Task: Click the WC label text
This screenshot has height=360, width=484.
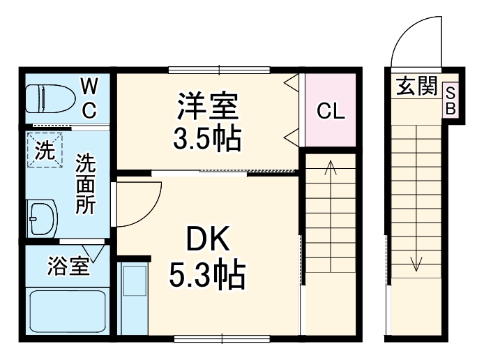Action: click(x=89, y=98)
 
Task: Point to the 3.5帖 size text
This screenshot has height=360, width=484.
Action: click(x=207, y=139)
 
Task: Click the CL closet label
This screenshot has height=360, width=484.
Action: click(x=331, y=111)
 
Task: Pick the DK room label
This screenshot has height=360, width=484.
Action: click(x=207, y=241)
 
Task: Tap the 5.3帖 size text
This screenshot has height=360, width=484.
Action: click(x=207, y=275)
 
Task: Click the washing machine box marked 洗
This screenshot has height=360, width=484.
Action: click(x=45, y=151)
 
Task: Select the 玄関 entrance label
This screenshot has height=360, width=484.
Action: click(x=416, y=87)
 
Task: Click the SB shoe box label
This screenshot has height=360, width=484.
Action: click(x=451, y=100)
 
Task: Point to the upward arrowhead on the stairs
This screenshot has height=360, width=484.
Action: click(x=331, y=167)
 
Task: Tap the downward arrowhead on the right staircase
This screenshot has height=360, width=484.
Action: click(x=416, y=264)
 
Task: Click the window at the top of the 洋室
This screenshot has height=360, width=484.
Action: click(x=219, y=69)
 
